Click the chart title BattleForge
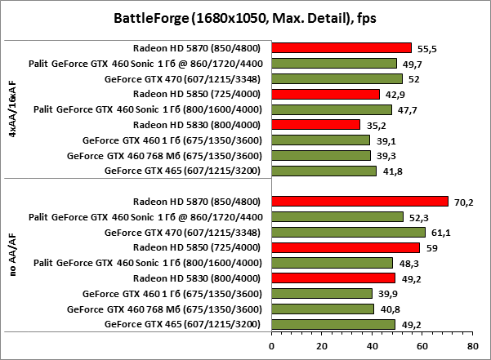[245, 16]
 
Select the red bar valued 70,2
[359, 201]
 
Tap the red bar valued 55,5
[341, 47]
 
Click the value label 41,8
[391, 171]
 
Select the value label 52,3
[417, 217]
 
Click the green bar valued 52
[337, 78]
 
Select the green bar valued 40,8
[323, 309]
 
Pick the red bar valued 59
[346, 247]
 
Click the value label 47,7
[406, 109]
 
